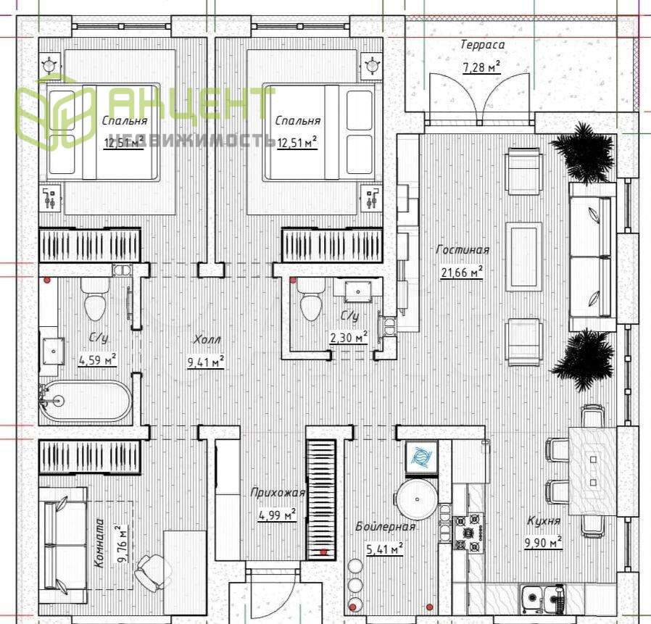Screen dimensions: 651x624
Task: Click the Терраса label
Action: (482, 44)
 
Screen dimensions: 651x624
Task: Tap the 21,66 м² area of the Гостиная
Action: (461, 273)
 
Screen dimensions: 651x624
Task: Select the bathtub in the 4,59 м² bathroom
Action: (85, 401)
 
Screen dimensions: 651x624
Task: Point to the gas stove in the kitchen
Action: (468, 533)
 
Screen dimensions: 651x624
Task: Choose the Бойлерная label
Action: (385, 526)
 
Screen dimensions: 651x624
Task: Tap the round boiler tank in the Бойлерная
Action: (416, 499)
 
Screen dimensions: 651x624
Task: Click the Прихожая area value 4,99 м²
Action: (277, 515)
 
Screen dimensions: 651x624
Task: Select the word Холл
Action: (207, 340)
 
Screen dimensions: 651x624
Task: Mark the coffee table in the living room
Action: (523, 256)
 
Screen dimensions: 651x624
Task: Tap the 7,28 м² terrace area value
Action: (481, 67)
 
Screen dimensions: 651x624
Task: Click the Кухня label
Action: (544, 520)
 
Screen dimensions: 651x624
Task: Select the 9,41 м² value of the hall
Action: (207, 362)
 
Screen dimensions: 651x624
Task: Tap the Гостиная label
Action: (463, 250)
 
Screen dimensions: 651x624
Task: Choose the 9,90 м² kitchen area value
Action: (544, 543)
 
